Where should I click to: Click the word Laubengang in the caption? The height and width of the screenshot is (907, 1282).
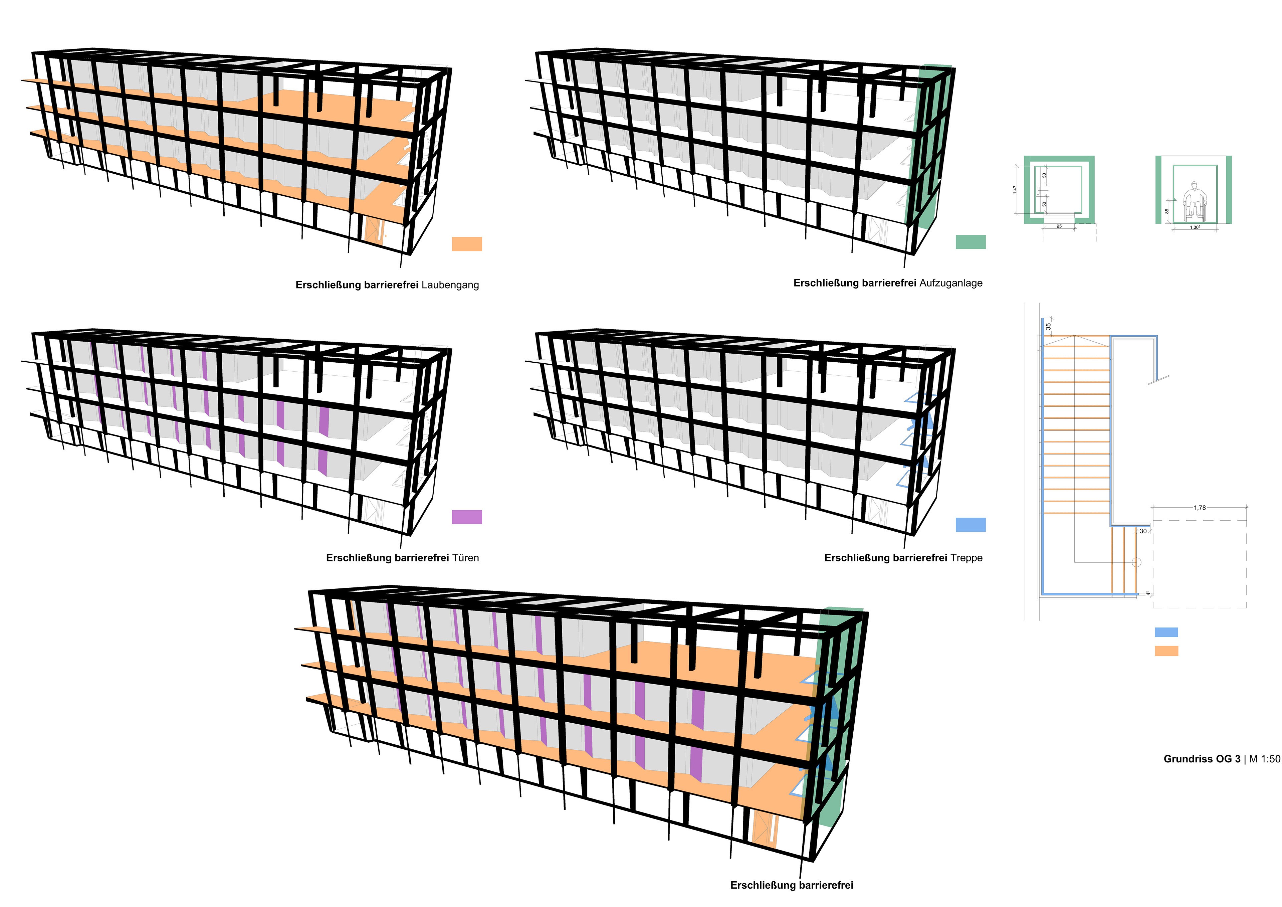[450, 285]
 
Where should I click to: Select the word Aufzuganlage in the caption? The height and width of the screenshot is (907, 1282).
[950, 283]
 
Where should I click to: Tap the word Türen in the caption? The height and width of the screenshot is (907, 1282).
[465, 558]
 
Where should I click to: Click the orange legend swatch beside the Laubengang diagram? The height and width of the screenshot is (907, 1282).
[467, 244]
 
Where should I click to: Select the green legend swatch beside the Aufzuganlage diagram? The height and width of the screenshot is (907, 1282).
[971, 242]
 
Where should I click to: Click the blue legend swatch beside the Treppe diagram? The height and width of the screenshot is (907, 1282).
[971, 524]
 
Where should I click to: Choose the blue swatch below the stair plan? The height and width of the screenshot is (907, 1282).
[1166, 632]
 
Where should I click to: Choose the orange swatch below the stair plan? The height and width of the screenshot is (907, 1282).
[1166, 651]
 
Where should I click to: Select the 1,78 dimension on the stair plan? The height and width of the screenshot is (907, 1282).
[1199, 508]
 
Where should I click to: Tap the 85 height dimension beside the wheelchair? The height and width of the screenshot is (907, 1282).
[1166, 211]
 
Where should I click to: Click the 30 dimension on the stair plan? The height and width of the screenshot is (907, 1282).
[1143, 531]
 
